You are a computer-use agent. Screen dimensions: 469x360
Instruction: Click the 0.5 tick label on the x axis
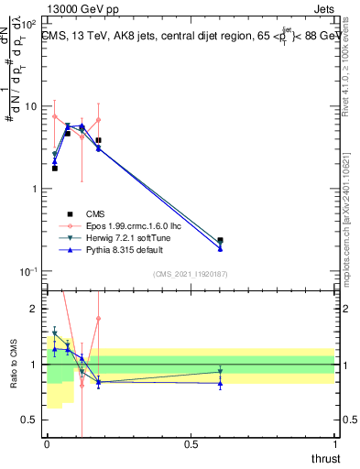pos(191,444)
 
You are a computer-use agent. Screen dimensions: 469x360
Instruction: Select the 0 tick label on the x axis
pos(47,444)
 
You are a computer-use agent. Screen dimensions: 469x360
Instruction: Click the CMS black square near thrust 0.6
pos(220,240)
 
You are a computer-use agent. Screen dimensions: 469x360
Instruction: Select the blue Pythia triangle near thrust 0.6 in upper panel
pos(220,248)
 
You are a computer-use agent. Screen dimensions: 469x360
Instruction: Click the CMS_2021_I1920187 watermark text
pos(190,274)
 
